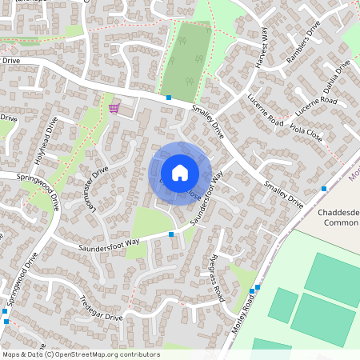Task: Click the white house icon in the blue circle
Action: point(180,173)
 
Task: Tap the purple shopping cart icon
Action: point(116,107)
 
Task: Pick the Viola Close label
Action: point(306,132)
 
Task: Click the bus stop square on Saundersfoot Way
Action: point(172,234)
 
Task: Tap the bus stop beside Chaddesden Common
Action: point(324,189)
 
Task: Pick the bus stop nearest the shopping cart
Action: point(169,98)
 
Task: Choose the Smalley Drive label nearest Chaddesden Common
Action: point(284,194)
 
